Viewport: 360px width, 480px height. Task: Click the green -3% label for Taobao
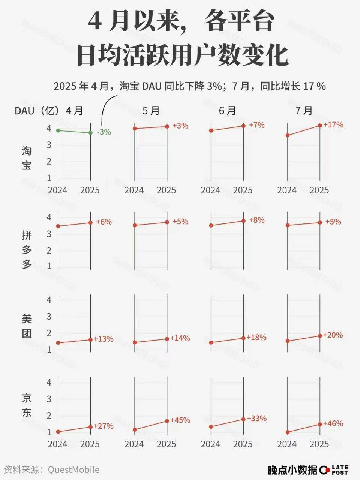(x=104, y=132)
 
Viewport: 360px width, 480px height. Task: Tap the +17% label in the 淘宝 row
(x=333, y=124)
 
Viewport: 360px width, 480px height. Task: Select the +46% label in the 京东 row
(x=333, y=423)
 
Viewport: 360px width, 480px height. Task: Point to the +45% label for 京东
(x=180, y=420)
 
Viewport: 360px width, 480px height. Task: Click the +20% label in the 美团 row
(x=333, y=335)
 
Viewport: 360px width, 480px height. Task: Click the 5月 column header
(x=151, y=110)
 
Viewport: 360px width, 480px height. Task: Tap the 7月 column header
(x=304, y=110)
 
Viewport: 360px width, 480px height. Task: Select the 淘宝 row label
(x=27, y=158)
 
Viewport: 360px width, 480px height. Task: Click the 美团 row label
(x=27, y=325)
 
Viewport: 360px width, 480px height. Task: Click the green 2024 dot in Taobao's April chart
(x=58, y=130)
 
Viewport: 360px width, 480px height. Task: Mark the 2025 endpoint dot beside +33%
(x=243, y=419)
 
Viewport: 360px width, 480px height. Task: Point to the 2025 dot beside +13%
(x=90, y=339)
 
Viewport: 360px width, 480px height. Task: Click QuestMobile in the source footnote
(x=73, y=469)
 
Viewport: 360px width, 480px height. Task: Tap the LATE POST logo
(x=335, y=469)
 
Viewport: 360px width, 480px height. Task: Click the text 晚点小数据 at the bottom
(x=292, y=469)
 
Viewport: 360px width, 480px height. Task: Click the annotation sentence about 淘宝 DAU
(x=189, y=86)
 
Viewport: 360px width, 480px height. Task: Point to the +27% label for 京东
(x=103, y=426)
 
